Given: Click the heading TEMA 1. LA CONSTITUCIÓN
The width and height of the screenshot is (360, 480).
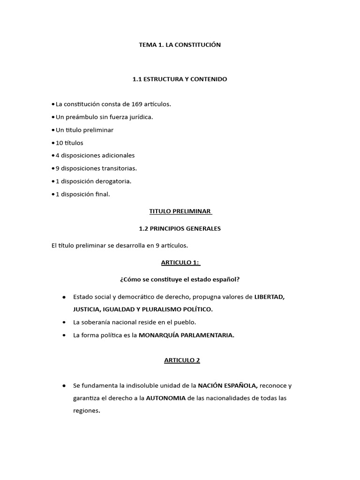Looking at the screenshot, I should (180, 45).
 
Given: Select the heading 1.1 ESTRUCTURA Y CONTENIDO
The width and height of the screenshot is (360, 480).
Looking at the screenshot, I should (180, 79).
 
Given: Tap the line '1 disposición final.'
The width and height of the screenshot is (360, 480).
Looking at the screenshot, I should (82, 194).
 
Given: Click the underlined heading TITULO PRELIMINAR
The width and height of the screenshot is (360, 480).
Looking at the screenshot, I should (180, 211).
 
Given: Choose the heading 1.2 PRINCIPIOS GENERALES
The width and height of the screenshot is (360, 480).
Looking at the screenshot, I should (180, 229).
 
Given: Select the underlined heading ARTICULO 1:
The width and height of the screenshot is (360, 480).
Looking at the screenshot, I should (180, 262).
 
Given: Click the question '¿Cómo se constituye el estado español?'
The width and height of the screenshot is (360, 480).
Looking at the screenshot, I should (180, 280).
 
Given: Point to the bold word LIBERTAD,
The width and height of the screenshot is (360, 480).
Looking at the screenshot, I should (270, 297).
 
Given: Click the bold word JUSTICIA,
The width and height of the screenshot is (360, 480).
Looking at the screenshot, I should (88, 309).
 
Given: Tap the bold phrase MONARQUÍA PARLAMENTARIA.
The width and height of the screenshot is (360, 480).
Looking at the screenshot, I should (187, 335).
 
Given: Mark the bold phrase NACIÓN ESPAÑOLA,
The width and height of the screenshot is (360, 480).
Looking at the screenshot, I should (228, 386).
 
